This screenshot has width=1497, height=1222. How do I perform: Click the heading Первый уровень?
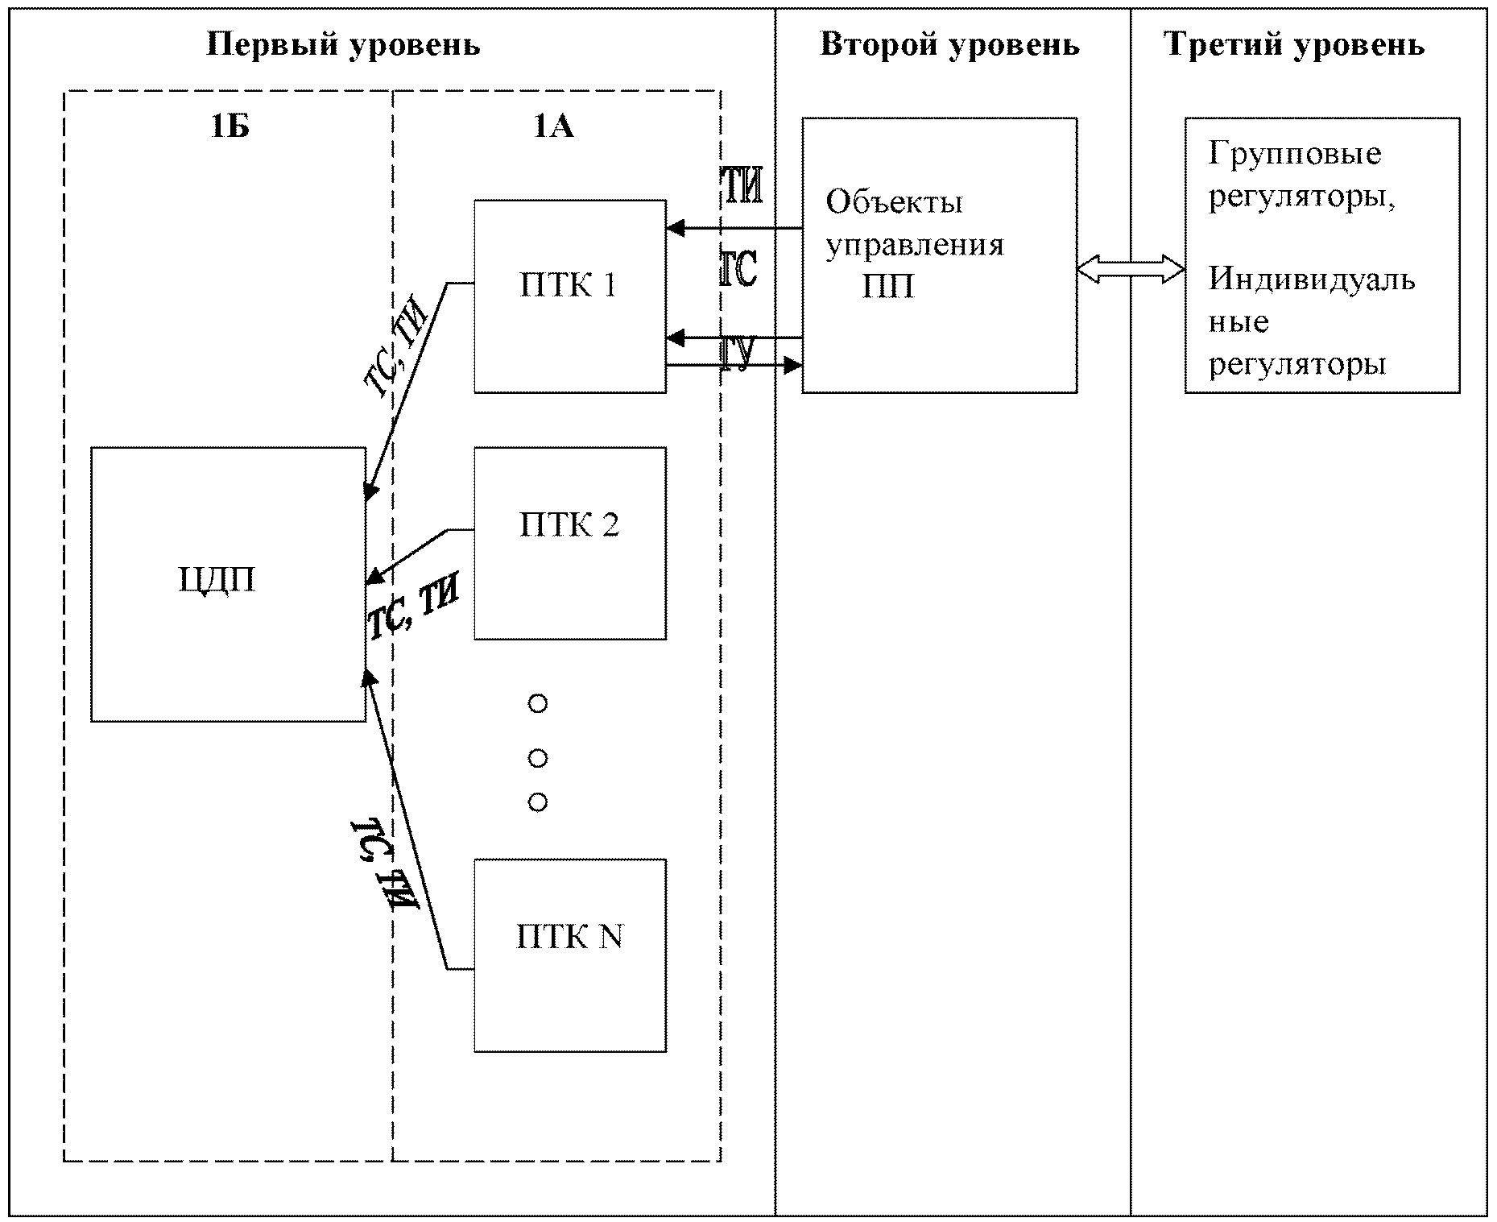pos(344,45)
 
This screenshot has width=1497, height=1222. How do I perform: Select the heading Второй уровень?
pos(949,45)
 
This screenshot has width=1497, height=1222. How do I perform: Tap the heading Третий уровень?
pos(1295,45)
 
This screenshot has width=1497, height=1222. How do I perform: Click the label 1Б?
pos(230,127)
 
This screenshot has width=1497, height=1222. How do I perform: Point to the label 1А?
pos(554,127)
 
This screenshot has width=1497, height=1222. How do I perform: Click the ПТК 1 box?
pos(570,296)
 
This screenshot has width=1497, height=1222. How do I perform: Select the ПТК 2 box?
pos(570,543)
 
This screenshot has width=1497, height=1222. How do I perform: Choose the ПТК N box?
pos(570,955)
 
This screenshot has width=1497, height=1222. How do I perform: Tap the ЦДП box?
pos(228,584)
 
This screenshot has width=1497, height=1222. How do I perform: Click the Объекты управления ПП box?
pos(940,255)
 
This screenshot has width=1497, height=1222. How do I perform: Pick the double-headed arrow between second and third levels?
pos(1131,268)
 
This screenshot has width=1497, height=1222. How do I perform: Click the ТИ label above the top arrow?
pos(740,187)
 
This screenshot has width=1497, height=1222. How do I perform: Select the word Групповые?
pos(1295,154)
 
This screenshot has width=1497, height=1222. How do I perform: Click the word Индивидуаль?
pos(1312,279)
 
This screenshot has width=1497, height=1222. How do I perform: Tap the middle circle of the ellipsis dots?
pos(538,758)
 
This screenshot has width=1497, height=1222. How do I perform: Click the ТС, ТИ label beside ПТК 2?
pos(413,609)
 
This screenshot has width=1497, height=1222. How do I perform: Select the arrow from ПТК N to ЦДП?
pos(407,819)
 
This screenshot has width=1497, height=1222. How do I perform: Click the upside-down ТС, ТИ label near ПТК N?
pos(385,865)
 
